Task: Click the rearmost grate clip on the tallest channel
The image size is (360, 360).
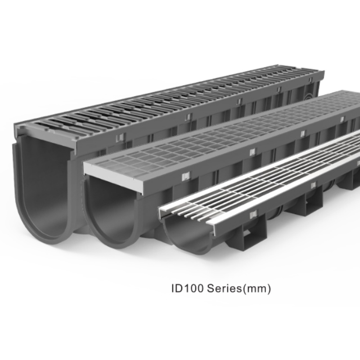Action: coord(279,90)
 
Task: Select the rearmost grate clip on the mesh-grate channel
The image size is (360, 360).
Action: coord(342,119)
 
